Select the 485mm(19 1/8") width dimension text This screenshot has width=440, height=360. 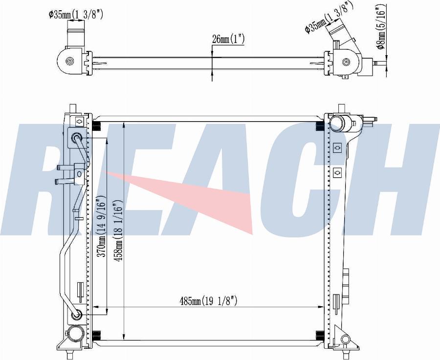[208, 301]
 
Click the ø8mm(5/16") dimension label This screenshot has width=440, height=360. [381, 27]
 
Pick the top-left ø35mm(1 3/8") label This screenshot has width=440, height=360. [76, 14]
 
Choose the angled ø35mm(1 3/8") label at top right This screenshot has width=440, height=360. [329, 18]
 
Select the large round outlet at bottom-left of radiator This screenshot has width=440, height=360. [76, 334]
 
